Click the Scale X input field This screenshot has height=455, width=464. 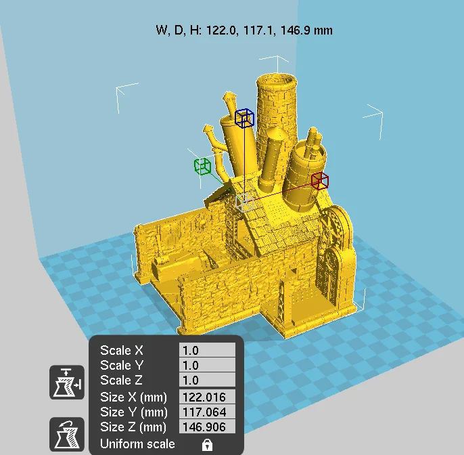pyautogui.click(x=207, y=350)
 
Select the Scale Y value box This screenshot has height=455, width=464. pyautogui.click(x=207, y=365)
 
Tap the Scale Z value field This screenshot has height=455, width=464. pyautogui.click(x=207, y=380)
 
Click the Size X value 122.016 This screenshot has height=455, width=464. pyautogui.click(x=207, y=397)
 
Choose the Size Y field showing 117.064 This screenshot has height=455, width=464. pyautogui.click(x=207, y=412)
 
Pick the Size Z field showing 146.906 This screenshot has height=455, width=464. pyautogui.click(x=207, y=427)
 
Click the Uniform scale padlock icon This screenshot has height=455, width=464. pyautogui.click(x=207, y=444)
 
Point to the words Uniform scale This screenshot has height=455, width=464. pyautogui.click(x=137, y=444)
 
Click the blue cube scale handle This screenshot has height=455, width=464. pyautogui.click(x=244, y=118)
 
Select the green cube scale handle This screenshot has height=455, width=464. pyautogui.click(x=203, y=167)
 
